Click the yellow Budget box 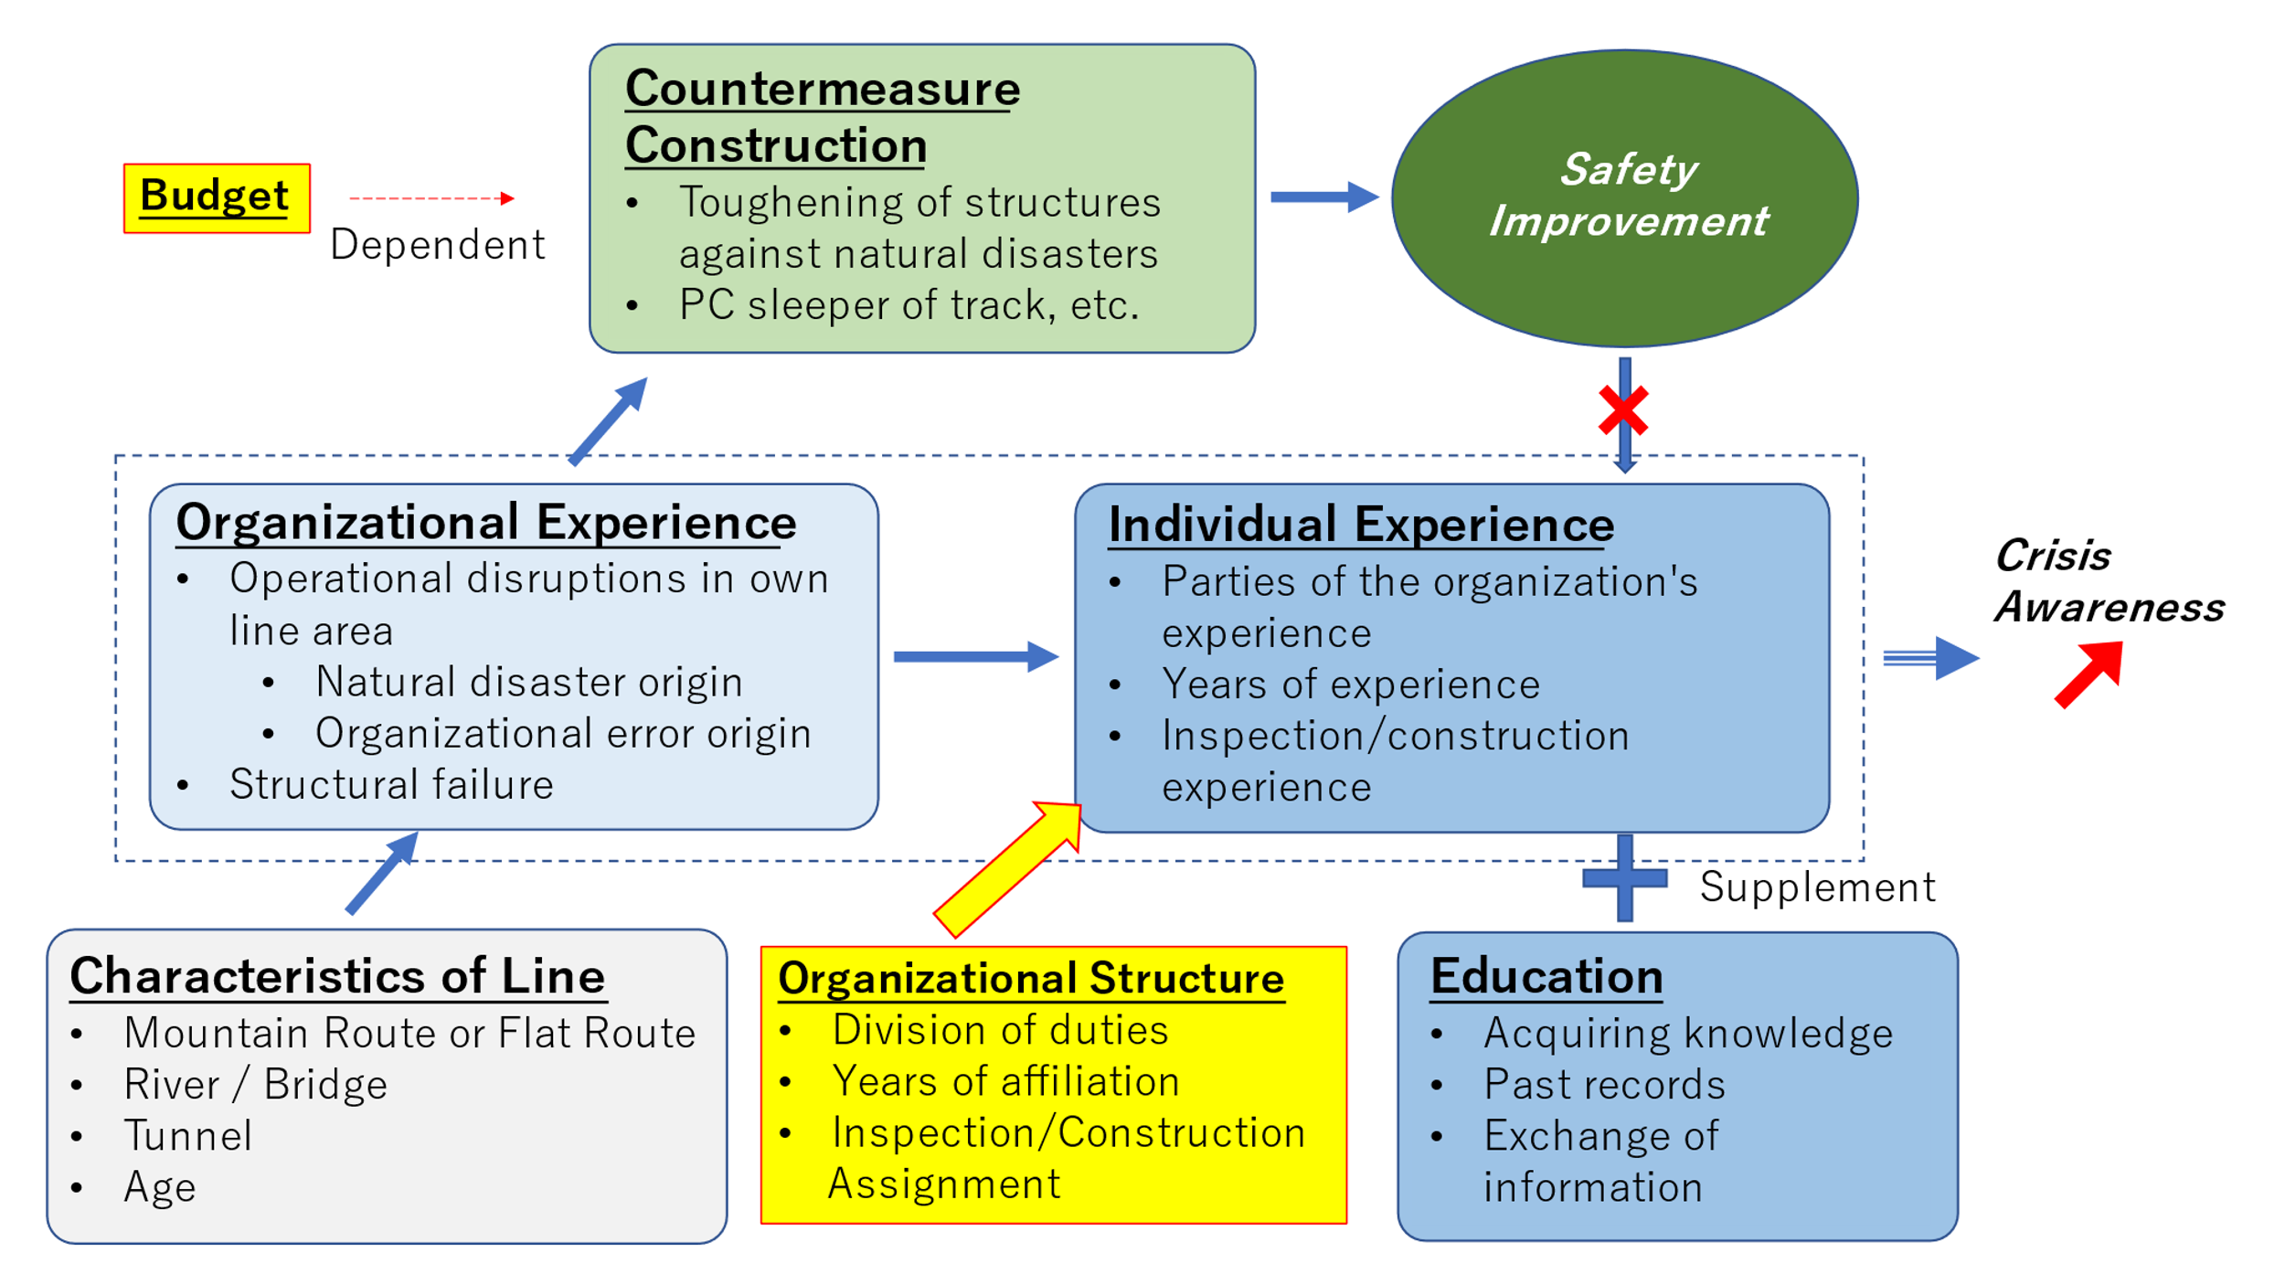click(217, 198)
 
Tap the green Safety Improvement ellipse click(1624, 197)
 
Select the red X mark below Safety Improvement click(1623, 410)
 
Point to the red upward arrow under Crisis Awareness click(2091, 673)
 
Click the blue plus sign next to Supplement click(1624, 878)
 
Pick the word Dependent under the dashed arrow click(437, 245)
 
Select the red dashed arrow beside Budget click(431, 198)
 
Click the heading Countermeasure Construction click(822, 117)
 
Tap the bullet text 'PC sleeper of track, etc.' click(909, 305)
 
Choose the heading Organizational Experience click(485, 523)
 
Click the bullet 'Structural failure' click(391, 785)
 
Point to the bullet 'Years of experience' click(1350, 685)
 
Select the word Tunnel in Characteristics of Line click(188, 1136)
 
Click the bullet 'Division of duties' click(1000, 1030)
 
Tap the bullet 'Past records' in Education click(1604, 1085)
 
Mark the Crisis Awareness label click(2108, 581)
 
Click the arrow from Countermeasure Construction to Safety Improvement click(1323, 196)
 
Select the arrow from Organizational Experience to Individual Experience click(975, 656)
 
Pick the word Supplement click(1817, 887)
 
